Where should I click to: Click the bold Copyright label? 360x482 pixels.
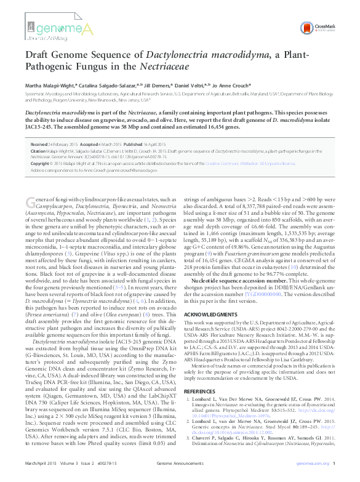40,164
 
